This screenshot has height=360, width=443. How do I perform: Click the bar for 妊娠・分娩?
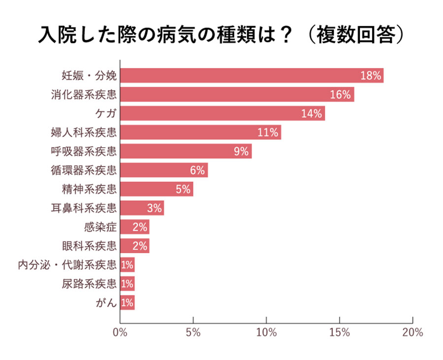pos(251,76)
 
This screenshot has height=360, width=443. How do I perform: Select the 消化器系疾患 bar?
pos(236,95)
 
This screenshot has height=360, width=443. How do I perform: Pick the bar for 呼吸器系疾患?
pos(185,151)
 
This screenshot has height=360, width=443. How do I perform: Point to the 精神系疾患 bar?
pos(156,189)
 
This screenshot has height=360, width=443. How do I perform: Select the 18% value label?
pos(371,76)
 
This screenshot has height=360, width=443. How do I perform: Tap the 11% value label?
pos(268,132)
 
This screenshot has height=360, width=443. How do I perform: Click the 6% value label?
pos(197,170)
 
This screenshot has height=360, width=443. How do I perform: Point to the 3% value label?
pos(154,208)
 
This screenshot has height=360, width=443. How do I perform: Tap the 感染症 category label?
pos(100,227)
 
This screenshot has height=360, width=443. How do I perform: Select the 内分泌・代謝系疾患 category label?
pos(67,265)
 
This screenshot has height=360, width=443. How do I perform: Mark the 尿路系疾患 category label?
pos(90,284)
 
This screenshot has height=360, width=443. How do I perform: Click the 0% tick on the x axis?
pos(120,332)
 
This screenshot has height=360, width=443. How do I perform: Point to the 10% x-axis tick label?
pos(266,332)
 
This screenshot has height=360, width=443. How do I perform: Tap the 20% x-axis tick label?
pos(412,332)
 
